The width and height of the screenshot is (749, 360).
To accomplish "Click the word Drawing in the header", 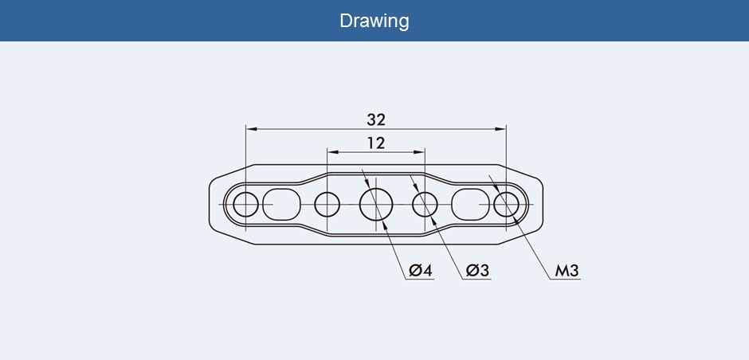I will pos(374,20).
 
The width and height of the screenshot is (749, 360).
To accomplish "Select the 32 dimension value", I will pos(376,119).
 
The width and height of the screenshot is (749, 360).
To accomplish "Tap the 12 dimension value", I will pos(376,143).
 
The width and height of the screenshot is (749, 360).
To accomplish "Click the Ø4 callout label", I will pos(420,271).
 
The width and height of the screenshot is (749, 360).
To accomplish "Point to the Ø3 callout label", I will pos(476,271).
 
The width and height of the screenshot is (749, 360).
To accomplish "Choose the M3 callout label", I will pos(567,271).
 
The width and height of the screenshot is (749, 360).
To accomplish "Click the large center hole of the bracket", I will pos(376,205).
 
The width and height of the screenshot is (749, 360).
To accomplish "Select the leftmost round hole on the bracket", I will pos(246,205).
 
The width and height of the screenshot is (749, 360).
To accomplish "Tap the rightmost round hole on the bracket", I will pos(506,205).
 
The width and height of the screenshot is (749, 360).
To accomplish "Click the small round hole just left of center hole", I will pos(327,205).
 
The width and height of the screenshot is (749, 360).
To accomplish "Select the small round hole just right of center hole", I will pos(425,205).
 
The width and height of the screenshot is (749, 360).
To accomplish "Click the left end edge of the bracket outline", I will pos(209,205).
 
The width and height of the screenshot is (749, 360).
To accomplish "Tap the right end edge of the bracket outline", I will pos(544,205).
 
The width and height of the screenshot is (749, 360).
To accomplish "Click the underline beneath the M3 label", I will pos(567,280).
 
